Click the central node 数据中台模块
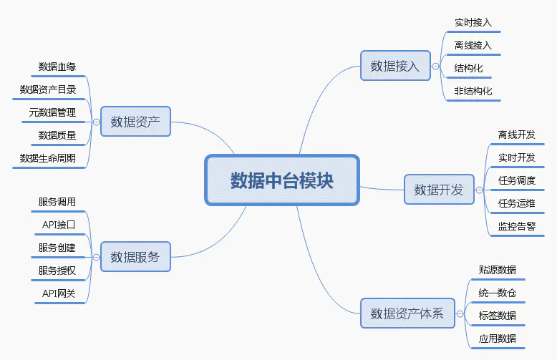coord(281,180)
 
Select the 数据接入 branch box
coord(395,66)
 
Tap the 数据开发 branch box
coord(439,190)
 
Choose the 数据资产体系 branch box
coord(407,313)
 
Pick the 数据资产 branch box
coord(135,121)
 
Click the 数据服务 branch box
coord(135,256)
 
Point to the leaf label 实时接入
coord(473,23)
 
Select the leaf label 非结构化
coord(473,91)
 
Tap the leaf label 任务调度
coord(517,180)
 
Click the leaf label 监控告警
coord(517,226)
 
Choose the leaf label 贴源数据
coord(498,270)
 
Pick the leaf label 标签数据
coord(498,316)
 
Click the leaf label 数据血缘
coord(57,67)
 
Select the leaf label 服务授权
coord(57,271)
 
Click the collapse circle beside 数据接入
coord(436,66)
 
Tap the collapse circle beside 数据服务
coord(96,256)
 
